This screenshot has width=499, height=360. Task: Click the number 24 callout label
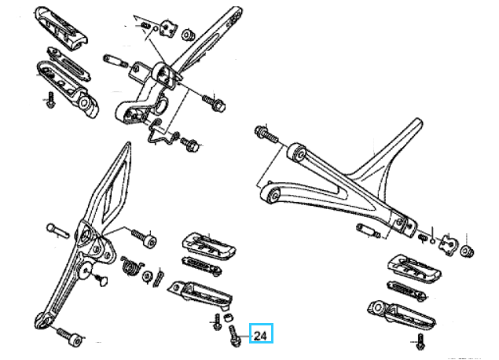pyautogui.click(x=261, y=336)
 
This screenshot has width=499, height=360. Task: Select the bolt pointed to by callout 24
pyautogui.click(x=234, y=336)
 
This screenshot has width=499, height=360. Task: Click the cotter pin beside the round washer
pyautogui.click(x=159, y=278)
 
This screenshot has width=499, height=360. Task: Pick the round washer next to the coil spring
pyautogui.click(x=148, y=277)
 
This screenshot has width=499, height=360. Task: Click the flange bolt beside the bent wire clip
pyautogui.click(x=189, y=144)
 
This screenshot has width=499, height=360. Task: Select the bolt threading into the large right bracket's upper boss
pyautogui.click(x=266, y=134)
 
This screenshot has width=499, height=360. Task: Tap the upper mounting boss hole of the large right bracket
pyautogui.click(x=299, y=152)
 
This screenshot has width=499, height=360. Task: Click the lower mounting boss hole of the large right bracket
pyautogui.click(x=273, y=194)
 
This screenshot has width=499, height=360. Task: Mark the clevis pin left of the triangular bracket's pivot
pyautogui.click(x=57, y=230)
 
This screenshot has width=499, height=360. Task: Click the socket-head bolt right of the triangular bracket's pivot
pyautogui.click(x=144, y=237)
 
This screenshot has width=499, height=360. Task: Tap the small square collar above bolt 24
pyautogui.click(x=227, y=317)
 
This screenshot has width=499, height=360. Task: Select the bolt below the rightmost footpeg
pyautogui.click(x=420, y=342)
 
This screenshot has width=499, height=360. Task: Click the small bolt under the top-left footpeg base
pyautogui.click(x=50, y=100)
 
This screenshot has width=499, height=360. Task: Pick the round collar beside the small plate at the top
pyautogui.click(x=188, y=35)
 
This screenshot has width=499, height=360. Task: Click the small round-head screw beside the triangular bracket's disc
pyautogui.click(x=102, y=279)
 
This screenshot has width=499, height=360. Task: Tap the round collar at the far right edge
pyautogui.click(x=467, y=252)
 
